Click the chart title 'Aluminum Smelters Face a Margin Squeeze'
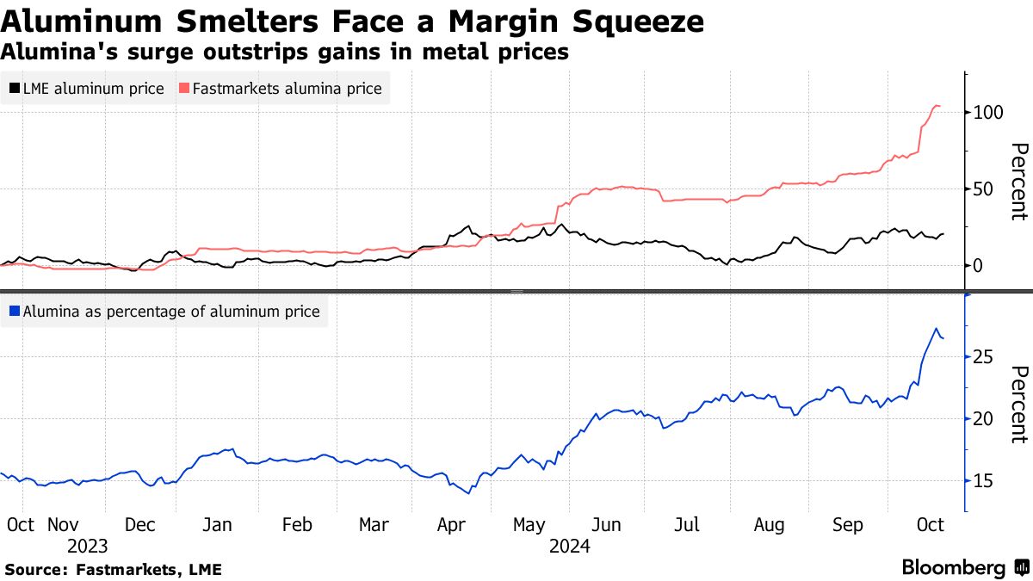[x=353, y=21]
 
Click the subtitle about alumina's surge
[x=284, y=52]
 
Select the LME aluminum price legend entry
[x=86, y=88]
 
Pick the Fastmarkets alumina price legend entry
[x=280, y=88]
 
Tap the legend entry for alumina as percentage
[x=164, y=312]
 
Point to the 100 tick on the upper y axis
[x=991, y=113]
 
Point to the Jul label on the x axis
[x=687, y=524]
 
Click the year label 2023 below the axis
[x=87, y=546]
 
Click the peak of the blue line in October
[x=936, y=328]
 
